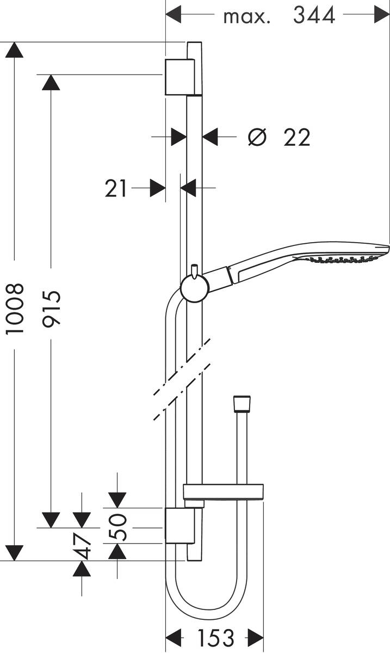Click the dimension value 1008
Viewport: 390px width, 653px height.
click(15, 309)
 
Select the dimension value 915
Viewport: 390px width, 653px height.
click(52, 308)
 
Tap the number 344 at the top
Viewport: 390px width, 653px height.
click(314, 16)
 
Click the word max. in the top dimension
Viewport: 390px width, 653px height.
click(246, 16)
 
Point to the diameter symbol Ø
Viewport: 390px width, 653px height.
click(257, 137)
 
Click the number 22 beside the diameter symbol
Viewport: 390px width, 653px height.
click(296, 138)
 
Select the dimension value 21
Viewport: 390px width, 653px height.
click(116, 189)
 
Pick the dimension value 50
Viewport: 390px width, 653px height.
click(118, 526)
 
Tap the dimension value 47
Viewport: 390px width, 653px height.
click(83, 546)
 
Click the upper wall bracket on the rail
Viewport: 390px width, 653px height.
click(179, 77)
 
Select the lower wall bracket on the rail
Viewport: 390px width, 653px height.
click(179, 526)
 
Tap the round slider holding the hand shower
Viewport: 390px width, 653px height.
click(194, 288)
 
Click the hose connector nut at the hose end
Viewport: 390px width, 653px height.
click(242, 404)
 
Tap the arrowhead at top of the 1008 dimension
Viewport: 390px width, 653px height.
click(15, 50)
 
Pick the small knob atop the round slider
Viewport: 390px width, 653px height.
click(194, 269)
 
